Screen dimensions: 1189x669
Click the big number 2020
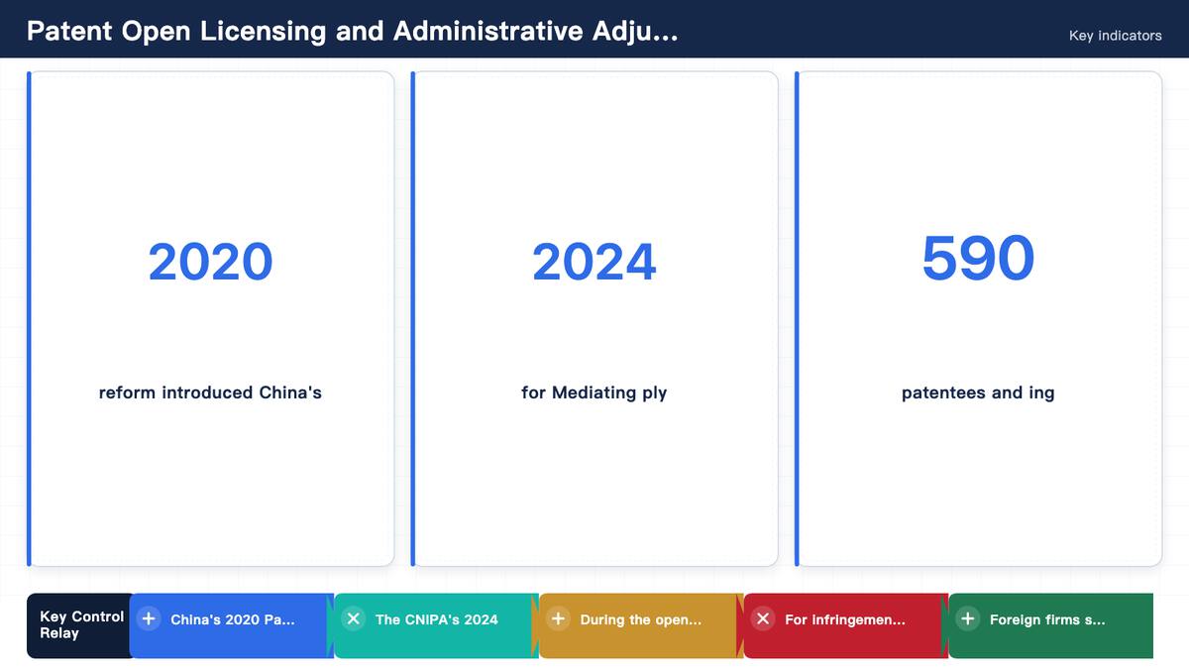tap(210, 262)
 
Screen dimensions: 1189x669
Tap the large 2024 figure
tap(594, 262)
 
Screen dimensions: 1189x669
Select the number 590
tap(978, 258)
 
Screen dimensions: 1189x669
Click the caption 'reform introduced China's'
tap(210, 392)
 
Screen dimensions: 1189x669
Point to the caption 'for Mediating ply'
tap(594, 392)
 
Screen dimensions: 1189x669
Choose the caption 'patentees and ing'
tap(978, 392)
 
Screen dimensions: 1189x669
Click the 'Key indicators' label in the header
tap(1116, 36)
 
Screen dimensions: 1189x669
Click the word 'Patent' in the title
tap(69, 31)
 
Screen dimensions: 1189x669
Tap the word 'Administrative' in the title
tap(488, 31)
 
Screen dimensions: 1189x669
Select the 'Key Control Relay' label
tap(81, 625)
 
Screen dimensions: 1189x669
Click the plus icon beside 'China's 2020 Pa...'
tap(149, 618)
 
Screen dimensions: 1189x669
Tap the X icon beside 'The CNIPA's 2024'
tap(354, 618)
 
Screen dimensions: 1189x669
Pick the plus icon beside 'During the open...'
tap(559, 618)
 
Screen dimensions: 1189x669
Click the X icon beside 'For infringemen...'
tap(763, 618)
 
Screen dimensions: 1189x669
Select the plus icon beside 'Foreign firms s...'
tap(968, 618)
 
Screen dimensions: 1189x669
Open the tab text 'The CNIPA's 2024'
tap(436, 619)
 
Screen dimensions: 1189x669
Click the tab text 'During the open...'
tap(641, 619)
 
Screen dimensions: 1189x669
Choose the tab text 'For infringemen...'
tap(845, 619)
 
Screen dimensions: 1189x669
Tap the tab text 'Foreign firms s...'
tap(1047, 619)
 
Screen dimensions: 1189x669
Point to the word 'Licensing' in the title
tap(263, 32)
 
